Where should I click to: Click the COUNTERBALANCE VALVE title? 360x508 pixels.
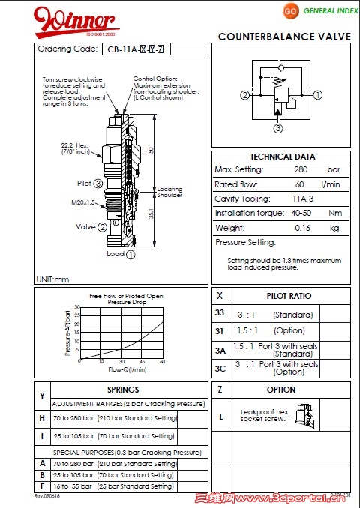coord(285,37)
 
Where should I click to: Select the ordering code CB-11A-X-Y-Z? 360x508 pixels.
coord(135,49)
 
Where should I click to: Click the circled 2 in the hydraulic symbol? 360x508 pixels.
coord(244,95)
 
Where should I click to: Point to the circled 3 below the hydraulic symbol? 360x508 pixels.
coord(277,128)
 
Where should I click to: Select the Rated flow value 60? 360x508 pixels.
coord(300,184)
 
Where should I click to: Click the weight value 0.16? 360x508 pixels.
coord(303,227)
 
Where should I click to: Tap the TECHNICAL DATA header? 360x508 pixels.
coord(283,157)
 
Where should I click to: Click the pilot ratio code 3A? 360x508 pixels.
coord(220,350)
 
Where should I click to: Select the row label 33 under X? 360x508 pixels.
coord(220,313)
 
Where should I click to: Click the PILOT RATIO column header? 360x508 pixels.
coord(289,296)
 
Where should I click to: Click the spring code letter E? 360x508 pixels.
coord(42,486)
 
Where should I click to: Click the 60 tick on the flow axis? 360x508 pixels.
coord(162,361)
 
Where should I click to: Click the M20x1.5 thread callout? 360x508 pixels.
coord(82,202)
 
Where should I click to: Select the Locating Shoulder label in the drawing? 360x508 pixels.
coord(169,192)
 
